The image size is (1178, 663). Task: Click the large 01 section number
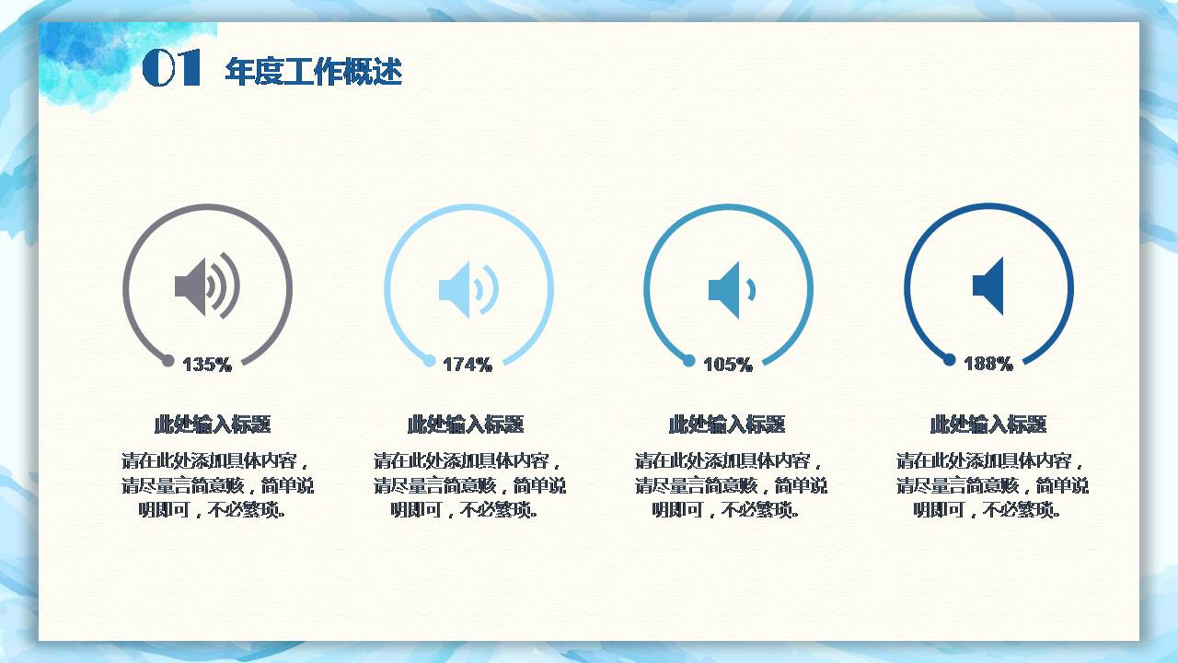click(x=172, y=69)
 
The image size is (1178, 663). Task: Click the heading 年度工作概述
click(x=313, y=72)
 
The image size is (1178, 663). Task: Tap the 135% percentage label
click(x=207, y=365)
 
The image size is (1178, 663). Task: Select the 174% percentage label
click(x=468, y=365)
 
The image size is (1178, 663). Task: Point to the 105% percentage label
click(x=728, y=365)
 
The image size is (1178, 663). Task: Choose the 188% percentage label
click(x=988, y=365)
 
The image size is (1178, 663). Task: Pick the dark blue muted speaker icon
click(x=988, y=286)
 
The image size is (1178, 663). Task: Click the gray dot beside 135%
click(x=168, y=361)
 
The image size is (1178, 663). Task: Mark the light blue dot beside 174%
click(x=429, y=361)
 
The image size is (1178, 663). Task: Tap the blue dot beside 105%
click(x=689, y=361)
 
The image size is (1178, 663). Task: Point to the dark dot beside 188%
click(x=950, y=361)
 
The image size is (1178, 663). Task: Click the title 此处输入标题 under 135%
click(x=213, y=425)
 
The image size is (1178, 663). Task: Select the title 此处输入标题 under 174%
click(x=466, y=425)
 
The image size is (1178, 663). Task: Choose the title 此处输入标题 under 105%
click(x=727, y=425)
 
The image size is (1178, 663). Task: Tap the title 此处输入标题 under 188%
click(x=988, y=425)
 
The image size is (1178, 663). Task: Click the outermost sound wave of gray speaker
click(x=235, y=285)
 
